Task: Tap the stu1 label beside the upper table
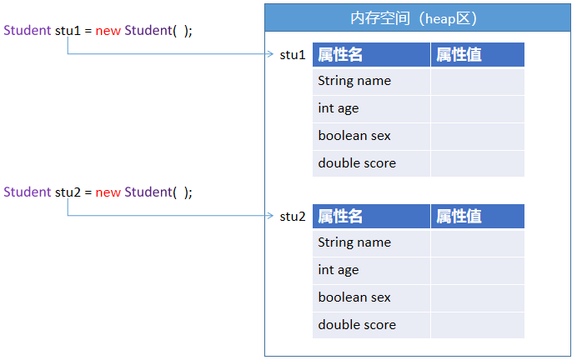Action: click(x=293, y=55)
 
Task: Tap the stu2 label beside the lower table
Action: click(x=293, y=217)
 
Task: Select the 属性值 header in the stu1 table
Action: click(x=459, y=55)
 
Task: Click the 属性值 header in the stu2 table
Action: click(x=459, y=217)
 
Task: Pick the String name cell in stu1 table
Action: click(x=354, y=81)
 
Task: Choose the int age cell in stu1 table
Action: click(x=339, y=108)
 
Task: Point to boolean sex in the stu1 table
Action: click(x=354, y=136)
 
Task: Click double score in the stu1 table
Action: click(x=357, y=163)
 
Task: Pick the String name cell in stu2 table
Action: click(x=354, y=242)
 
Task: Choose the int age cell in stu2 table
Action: click(x=339, y=270)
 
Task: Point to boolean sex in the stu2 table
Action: click(x=354, y=297)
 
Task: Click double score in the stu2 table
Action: click(x=357, y=325)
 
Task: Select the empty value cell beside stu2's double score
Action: click(x=478, y=325)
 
